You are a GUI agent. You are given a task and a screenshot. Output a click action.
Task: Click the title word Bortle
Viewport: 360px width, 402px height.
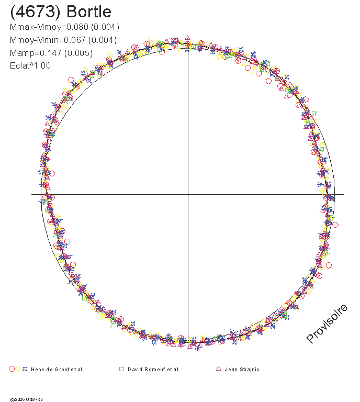pyautogui.click(x=89, y=12)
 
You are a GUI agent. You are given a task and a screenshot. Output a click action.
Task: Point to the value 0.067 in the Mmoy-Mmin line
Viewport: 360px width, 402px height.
pyautogui.click(x=74, y=40)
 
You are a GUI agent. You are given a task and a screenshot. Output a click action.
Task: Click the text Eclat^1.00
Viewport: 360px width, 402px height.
pyautogui.click(x=30, y=65)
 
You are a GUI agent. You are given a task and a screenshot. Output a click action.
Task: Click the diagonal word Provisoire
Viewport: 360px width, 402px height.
pyautogui.click(x=327, y=323)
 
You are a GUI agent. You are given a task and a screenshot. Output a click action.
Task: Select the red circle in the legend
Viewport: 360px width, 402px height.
pyautogui.click(x=12, y=369)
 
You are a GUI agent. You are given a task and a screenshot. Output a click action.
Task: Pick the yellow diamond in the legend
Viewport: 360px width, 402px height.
pyautogui.click(x=18, y=369)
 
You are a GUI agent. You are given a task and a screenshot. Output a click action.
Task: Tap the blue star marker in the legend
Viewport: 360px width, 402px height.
pyautogui.click(x=25, y=369)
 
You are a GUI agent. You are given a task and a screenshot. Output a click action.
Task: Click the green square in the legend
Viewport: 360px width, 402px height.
pyautogui.click(x=122, y=369)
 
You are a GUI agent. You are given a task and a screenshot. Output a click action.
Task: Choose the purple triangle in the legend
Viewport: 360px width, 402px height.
pyautogui.click(x=219, y=368)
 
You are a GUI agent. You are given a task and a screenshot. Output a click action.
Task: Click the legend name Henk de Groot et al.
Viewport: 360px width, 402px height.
pyautogui.click(x=57, y=370)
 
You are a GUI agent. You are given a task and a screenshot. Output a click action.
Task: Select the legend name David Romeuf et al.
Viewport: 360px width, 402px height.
pyautogui.click(x=153, y=370)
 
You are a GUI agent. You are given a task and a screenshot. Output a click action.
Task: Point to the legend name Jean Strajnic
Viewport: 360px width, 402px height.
pyautogui.click(x=242, y=370)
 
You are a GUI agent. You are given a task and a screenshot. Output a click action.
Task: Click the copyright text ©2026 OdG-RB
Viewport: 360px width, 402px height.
pyautogui.click(x=26, y=399)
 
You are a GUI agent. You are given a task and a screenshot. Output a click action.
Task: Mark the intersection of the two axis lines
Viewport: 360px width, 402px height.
pyautogui.click(x=188, y=194)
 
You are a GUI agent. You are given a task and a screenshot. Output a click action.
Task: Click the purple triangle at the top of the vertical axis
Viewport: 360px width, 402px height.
pyautogui.click(x=187, y=38)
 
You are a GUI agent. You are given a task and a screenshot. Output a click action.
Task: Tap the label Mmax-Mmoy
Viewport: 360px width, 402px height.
pyautogui.click(x=36, y=27)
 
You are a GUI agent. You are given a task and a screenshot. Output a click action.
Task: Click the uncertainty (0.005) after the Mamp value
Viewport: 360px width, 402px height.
pyautogui.click(x=78, y=53)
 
